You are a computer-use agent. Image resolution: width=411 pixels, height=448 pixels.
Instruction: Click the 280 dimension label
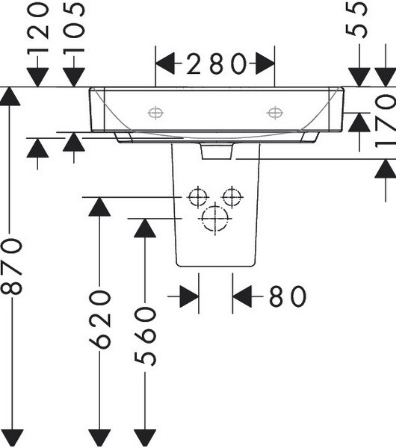(216, 63)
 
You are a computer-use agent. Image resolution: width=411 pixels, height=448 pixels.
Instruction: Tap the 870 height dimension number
(11, 267)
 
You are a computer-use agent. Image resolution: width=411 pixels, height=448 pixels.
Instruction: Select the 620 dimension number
(99, 320)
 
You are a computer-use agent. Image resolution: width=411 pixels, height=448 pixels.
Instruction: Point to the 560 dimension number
(145, 336)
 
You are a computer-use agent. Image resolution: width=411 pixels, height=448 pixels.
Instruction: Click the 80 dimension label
(288, 296)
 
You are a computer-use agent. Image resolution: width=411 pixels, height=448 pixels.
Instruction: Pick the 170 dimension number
(386, 122)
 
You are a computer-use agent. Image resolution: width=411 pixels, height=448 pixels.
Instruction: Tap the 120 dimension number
(38, 28)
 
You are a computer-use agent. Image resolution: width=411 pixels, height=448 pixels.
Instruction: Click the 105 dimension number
(74, 28)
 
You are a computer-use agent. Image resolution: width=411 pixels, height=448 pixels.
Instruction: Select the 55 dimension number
(356, 19)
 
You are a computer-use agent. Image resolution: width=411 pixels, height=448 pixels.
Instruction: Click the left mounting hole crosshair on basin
(155, 113)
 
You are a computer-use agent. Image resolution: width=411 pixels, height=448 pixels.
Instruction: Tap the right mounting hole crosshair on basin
(275, 113)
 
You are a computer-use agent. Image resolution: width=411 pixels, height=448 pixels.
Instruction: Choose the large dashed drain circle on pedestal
(215, 219)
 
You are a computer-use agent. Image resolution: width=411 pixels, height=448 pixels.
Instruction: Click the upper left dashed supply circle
(197, 197)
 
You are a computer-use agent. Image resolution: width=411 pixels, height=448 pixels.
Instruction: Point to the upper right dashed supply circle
(232, 197)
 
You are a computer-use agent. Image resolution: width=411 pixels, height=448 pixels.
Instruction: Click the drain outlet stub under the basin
(217, 151)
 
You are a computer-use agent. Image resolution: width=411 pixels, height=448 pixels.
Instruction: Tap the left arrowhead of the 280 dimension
(164, 63)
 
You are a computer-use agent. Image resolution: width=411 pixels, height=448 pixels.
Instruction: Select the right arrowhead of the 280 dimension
(265, 63)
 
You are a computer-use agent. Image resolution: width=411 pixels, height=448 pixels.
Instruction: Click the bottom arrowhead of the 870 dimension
(11, 438)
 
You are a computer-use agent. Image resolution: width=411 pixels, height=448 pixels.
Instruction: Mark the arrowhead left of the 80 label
(189, 296)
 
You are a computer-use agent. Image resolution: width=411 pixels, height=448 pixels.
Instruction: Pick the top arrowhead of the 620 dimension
(99, 207)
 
